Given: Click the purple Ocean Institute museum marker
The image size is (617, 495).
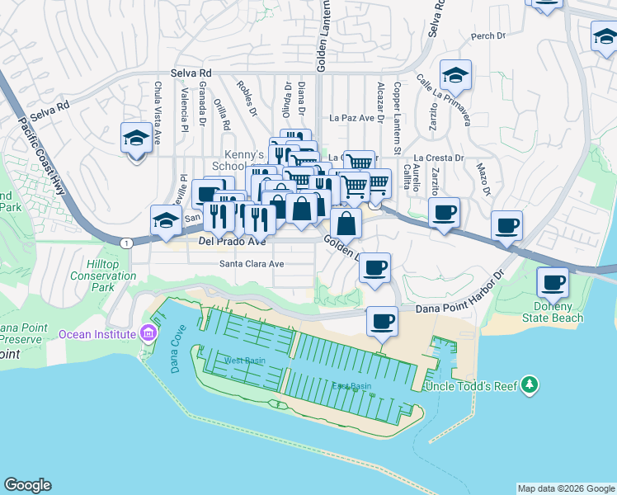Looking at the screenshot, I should click(148, 333).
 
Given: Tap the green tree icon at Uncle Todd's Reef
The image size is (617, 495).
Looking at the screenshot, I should click(529, 385).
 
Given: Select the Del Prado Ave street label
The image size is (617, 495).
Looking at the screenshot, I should click(233, 242).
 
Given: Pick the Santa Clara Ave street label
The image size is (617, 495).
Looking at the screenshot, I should click(251, 264).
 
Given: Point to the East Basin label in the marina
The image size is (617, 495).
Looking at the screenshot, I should click(351, 386).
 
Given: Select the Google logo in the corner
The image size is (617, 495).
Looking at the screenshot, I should click(27, 485).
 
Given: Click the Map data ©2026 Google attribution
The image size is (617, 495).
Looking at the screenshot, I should click(566, 488).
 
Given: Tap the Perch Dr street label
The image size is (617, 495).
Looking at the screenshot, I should click(487, 36).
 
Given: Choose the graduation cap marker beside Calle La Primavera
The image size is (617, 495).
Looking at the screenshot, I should click(455, 76).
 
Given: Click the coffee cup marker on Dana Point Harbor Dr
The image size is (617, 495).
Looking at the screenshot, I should click(381, 320).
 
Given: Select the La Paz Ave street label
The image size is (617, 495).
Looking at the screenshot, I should click(358, 118).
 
